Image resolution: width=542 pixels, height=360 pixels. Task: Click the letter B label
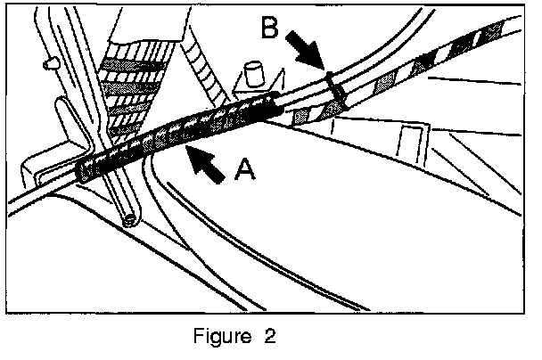point(271,30)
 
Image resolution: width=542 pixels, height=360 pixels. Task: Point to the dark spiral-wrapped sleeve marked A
point(178,134)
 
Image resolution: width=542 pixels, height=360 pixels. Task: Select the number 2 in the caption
point(268,337)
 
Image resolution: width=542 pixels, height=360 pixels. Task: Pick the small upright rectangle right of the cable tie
point(413,143)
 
